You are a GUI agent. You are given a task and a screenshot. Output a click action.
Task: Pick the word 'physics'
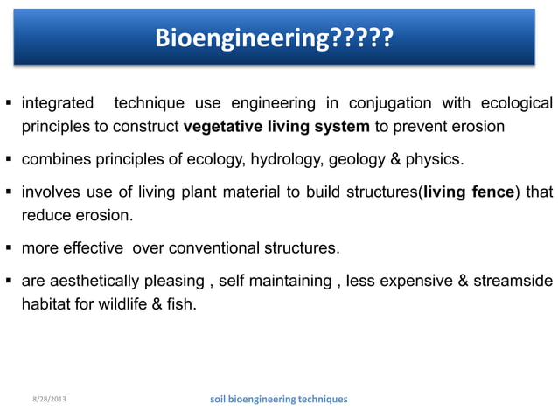pos(435,161)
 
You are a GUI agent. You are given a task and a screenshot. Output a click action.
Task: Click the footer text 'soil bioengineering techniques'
pos(279,399)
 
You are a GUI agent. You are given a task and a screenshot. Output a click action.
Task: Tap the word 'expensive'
pos(415,282)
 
